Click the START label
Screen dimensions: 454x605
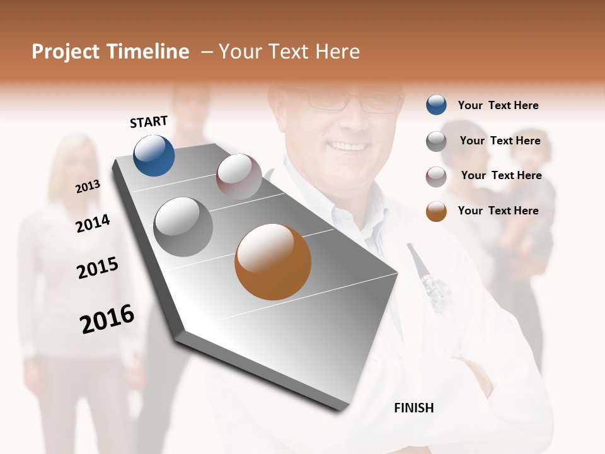tap(149, 122)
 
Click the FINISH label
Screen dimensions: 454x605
tap(413, 408)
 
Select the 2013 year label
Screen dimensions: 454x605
tap(88, 187)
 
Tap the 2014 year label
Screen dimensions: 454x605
tap(93, 223)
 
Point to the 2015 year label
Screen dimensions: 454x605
tap(98, 268)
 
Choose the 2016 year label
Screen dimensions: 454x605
tap(107, 318)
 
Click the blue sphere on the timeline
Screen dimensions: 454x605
tap(154, 156)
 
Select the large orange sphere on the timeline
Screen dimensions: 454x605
tap(273, 262)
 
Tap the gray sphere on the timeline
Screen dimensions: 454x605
tap(183, 227)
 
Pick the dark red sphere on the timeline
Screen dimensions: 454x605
tap(239, 177)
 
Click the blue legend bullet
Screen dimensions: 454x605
tap(436, 105)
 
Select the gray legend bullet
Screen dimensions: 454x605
tap(436, 141)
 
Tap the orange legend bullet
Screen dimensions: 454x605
tap(436, 211)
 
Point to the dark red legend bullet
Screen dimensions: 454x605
tap(436, 177)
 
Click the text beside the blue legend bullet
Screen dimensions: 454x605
tap(498, 105)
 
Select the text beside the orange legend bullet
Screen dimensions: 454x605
tap(498, 211)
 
